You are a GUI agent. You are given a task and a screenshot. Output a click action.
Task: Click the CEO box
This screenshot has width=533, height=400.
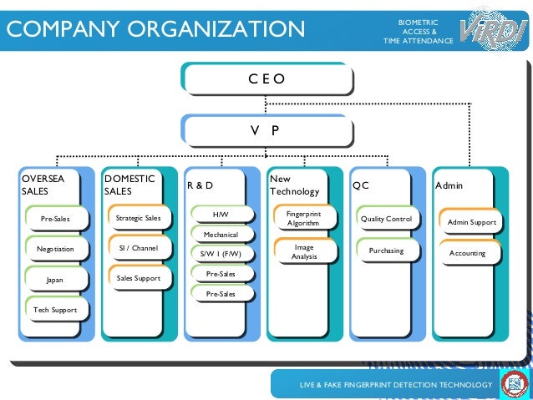[266, 79]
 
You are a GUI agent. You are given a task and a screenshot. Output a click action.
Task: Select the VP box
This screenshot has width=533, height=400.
[266, 130]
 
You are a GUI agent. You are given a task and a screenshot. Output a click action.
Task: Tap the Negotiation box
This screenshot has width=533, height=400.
[55, 249]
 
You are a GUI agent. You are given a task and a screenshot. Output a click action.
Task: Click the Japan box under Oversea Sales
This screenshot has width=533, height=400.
[55, 280]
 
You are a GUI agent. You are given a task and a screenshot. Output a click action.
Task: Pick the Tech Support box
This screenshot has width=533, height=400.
[55, 310]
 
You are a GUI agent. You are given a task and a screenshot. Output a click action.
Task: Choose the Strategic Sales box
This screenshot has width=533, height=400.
[138, 218]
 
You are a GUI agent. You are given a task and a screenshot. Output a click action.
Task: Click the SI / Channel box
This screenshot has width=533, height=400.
[138, 248]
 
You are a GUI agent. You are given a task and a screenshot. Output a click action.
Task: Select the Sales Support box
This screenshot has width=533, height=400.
[138, 277]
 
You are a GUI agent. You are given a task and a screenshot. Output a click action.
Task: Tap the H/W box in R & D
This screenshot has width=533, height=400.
[221, 215]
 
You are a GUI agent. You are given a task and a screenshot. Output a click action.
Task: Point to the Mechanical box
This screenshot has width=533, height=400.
[221, 235]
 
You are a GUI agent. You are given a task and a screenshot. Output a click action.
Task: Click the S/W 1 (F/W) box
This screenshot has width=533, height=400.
[221, 254]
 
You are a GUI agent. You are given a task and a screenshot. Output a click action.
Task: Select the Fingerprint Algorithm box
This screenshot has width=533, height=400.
[303, 219]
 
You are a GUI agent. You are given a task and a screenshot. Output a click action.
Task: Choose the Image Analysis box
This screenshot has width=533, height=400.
[303, 251]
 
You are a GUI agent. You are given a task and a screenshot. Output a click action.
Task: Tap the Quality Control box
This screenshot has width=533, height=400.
[386, 219]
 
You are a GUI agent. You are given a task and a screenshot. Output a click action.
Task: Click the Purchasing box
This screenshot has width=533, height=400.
[386, 251]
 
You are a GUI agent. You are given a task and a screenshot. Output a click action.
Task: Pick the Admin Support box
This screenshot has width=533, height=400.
[471, 222]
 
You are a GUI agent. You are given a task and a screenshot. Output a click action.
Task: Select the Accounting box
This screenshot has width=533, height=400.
[468, 253]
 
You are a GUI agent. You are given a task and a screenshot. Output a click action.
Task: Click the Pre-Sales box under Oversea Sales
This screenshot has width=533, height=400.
[55, 219]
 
